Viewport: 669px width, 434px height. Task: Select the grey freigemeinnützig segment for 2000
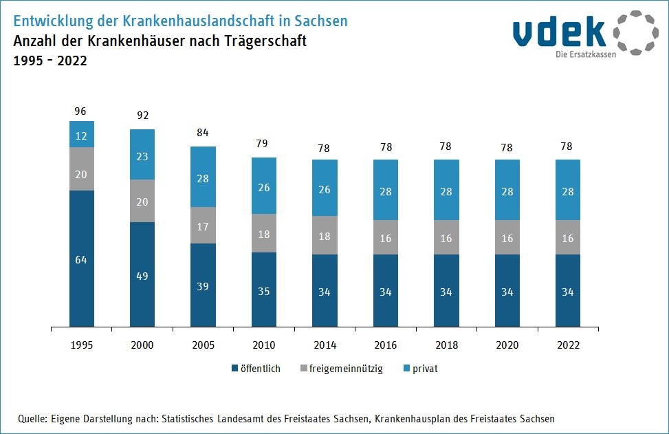pos(142,201)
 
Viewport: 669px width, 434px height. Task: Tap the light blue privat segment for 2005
pos(203,177)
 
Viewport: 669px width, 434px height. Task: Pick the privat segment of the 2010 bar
pos(264,186)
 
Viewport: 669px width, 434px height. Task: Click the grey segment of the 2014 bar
pos(325,235)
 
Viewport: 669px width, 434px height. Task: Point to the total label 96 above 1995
pos(82,111)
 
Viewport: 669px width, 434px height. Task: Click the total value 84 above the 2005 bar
pos(203,132)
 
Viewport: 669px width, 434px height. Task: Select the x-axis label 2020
pos(507,345)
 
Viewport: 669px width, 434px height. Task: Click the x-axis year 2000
pos(142,345)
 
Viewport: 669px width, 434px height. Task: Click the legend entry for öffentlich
pos(256,369)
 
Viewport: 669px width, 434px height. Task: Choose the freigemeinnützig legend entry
pos(341,369)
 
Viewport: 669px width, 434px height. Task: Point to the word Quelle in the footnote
pos(32,418)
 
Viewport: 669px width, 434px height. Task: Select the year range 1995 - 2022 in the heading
pos(50,61)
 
